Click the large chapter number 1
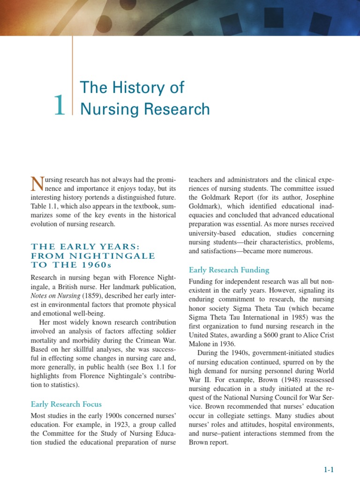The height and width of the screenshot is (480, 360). (59, 105)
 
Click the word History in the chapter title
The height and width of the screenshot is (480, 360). (140, 88)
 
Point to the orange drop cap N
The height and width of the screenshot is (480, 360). (36, 184)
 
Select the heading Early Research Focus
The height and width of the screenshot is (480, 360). (66, 404)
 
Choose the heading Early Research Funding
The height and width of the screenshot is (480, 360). (229, 270)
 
